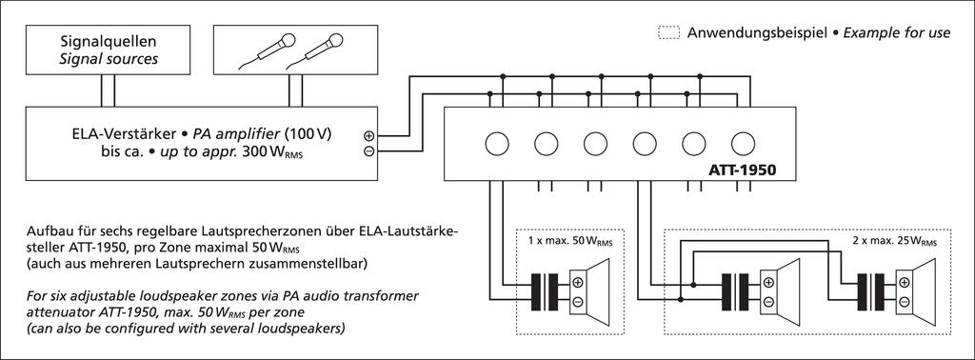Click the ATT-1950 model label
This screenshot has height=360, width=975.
[743, 170]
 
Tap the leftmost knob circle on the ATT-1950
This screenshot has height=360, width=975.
[496, 144]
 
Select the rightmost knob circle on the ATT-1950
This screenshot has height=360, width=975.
[743, 144]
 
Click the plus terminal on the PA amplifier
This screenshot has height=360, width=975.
[368, 135]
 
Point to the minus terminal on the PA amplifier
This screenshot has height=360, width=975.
[368, 151]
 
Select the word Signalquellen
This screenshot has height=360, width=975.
[109, 43]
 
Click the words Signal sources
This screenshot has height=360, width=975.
[109, 60]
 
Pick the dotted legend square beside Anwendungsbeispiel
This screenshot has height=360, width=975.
[668, 33]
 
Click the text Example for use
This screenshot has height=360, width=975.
[896, 33]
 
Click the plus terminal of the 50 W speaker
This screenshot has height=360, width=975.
[578, 283]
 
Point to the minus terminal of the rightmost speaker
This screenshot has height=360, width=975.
[905, 302]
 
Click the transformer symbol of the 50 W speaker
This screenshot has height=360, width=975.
[546, 292]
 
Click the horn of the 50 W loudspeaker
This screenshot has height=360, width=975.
[600, 292]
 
